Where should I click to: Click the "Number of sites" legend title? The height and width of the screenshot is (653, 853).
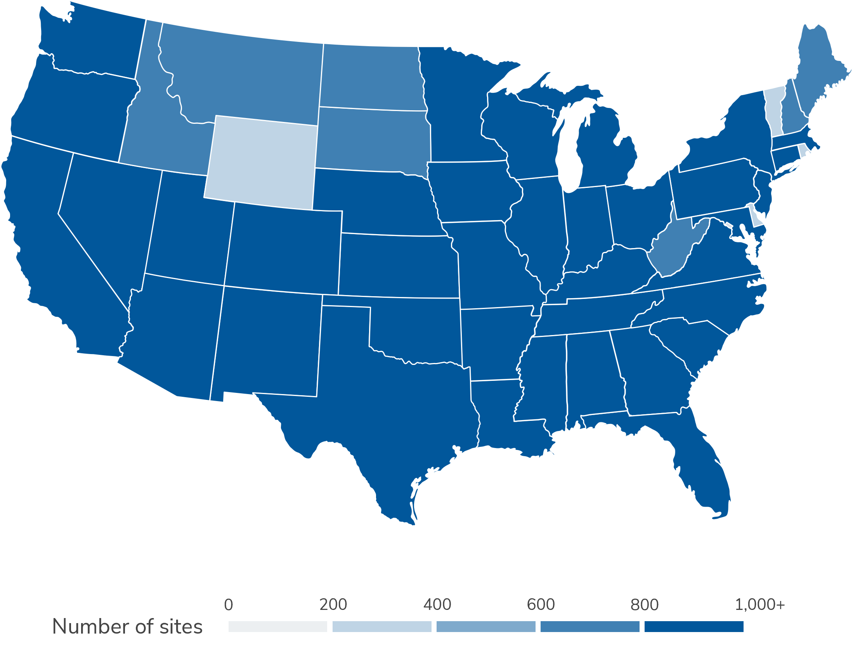pos(127,627)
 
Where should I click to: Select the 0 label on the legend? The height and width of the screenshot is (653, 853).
pos(229,605)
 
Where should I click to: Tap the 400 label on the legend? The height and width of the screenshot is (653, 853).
pos(437,605)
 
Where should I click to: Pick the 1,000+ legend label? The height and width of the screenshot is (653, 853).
pos(760,605)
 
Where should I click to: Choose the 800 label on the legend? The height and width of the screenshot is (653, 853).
pos(645,605)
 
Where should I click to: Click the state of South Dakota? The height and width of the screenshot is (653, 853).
pos(373,140)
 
